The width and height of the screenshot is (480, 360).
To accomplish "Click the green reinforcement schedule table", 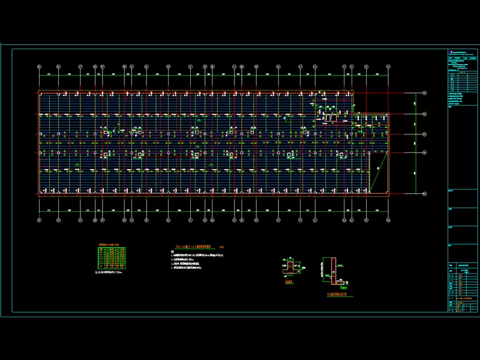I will [x=112, y=257].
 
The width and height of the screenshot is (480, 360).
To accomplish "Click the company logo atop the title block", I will [x=451, y=53].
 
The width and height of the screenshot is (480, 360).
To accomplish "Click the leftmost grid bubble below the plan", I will [x=39, y=220].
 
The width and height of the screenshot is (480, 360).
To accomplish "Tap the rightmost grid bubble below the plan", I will [x=388, y=220].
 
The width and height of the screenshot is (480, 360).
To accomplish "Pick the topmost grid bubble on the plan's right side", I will [x=424, y=93].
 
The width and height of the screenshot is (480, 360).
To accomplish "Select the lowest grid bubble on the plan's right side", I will [x=424, y=193].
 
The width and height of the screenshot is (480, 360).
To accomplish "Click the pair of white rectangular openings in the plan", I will [x=331, y=118].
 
